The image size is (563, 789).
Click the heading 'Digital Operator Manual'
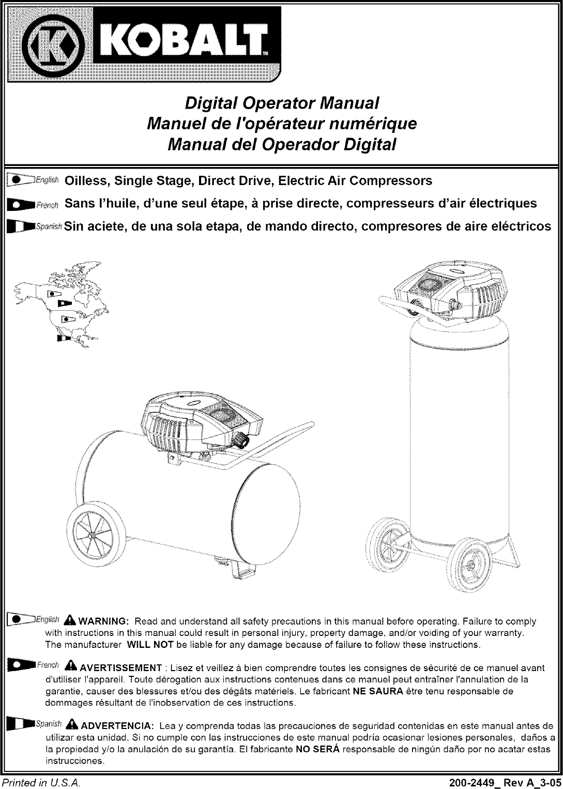pyautogui.click(x=282, y=103)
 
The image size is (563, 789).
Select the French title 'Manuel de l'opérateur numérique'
pyautogui.click(x=282, y=124)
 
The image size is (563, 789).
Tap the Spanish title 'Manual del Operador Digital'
pyautogui.click(x=282, y=144)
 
